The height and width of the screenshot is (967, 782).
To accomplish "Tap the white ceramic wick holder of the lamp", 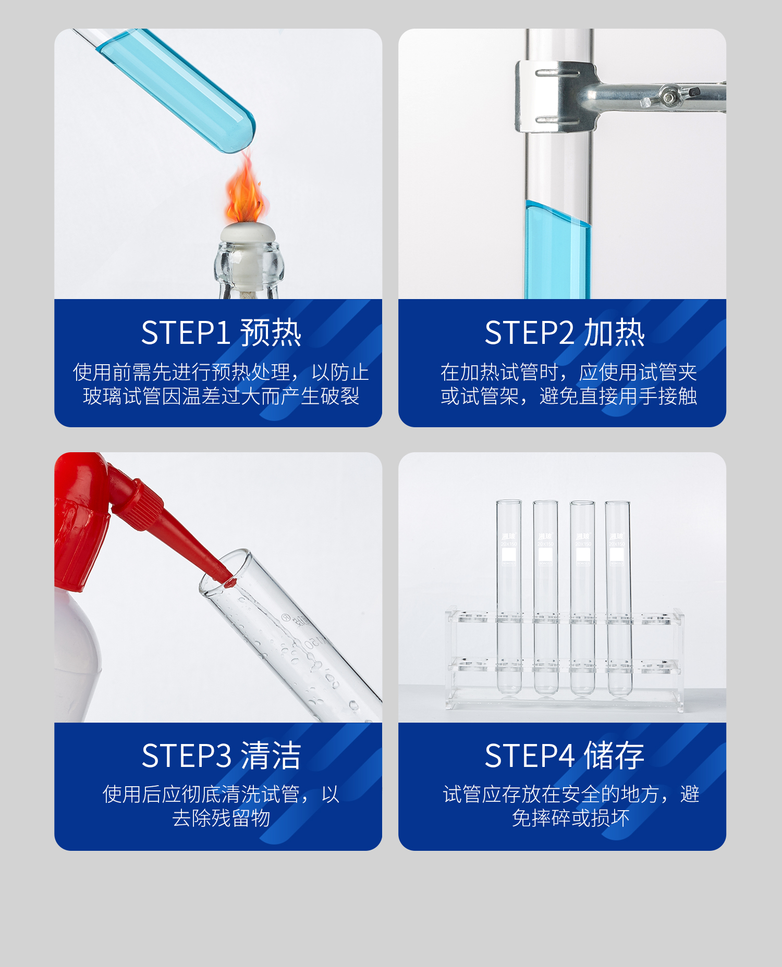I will [247, 232].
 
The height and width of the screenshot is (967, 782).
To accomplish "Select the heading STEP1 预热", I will [221, 332].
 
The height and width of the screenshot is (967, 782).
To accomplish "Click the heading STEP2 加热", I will [565, 332].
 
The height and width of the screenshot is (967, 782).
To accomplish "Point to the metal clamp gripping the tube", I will [555, 96].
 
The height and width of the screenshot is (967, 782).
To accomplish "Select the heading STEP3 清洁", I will [221, 755].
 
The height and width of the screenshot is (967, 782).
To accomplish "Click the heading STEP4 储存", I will [565, 755].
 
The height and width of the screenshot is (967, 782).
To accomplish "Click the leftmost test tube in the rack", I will [508, 599].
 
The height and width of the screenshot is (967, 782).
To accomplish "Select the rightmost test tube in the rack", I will [618, 599].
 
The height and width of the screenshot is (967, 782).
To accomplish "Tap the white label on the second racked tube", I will [545, 554].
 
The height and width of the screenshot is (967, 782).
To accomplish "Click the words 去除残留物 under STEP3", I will [221, 818].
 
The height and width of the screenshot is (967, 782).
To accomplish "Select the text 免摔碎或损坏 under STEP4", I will [570, 818].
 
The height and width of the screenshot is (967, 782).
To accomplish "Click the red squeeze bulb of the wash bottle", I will [78, 521].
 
